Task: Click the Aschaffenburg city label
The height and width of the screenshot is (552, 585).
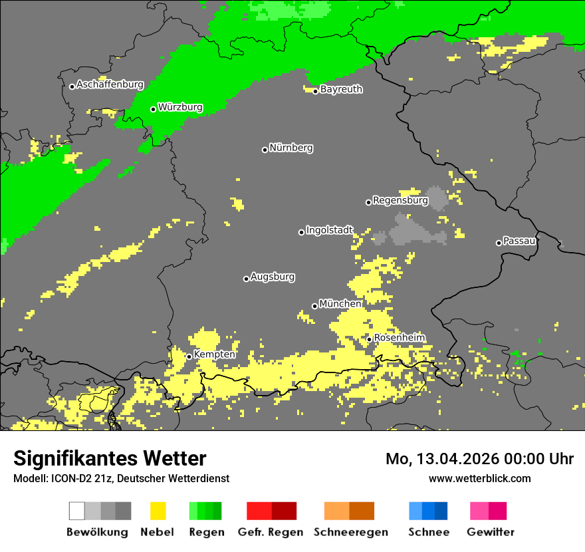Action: tap(110, 85)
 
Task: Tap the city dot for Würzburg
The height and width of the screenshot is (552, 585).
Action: tap(153, 109)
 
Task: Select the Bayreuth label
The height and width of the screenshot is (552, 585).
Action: tap(341, 89)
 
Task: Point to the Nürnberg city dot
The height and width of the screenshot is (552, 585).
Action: tap(265, 150)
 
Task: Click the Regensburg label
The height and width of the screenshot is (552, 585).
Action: tap(400, 200)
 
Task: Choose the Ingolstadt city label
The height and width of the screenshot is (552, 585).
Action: tap(329, 231)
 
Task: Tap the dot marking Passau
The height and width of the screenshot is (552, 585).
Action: tap(499, 243)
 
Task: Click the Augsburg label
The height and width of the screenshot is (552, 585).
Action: tap(273, 277)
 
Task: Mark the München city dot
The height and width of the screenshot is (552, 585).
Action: tap(314, 306)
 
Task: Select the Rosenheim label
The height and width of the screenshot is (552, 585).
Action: tap(399, 338)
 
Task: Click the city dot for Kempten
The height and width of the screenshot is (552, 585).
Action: tap(189, 356)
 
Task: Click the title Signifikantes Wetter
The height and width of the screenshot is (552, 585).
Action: tap(110, 459)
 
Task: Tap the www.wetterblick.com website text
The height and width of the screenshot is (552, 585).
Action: tap(479, 479)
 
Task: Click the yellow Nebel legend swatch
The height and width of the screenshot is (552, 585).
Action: tap(158, 511)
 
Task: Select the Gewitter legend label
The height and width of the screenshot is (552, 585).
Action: tap(490, 532)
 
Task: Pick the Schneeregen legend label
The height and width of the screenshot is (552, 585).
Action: tap(350, 532)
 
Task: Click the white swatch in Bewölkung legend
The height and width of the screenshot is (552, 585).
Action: tap(76, 511)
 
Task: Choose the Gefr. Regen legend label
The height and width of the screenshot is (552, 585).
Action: tap(271, 532)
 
